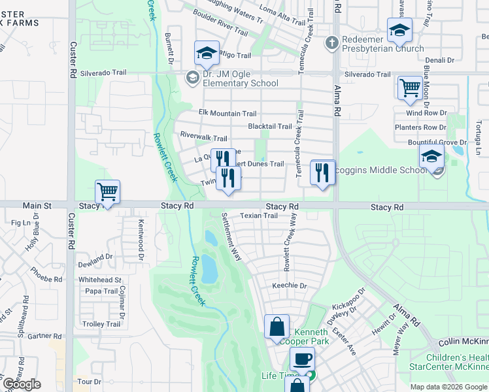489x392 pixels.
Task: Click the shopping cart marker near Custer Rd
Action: pos(107,191)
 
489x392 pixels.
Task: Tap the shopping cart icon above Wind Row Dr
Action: pos(410,87)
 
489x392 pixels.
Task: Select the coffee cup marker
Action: pos(302,359)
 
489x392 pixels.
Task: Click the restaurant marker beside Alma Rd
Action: pos(322,172)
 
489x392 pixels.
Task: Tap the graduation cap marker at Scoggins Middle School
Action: pos(431,156)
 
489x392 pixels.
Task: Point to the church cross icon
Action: pos(332,41)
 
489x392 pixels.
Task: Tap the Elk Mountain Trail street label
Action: pos(228,114)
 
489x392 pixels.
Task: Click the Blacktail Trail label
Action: pos(269,127)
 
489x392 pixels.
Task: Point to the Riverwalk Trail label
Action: pos(203,138)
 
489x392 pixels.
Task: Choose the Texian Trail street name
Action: pos(259,215)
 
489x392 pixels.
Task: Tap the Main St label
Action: pos(37,206)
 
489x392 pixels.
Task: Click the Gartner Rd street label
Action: pos(45,336)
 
